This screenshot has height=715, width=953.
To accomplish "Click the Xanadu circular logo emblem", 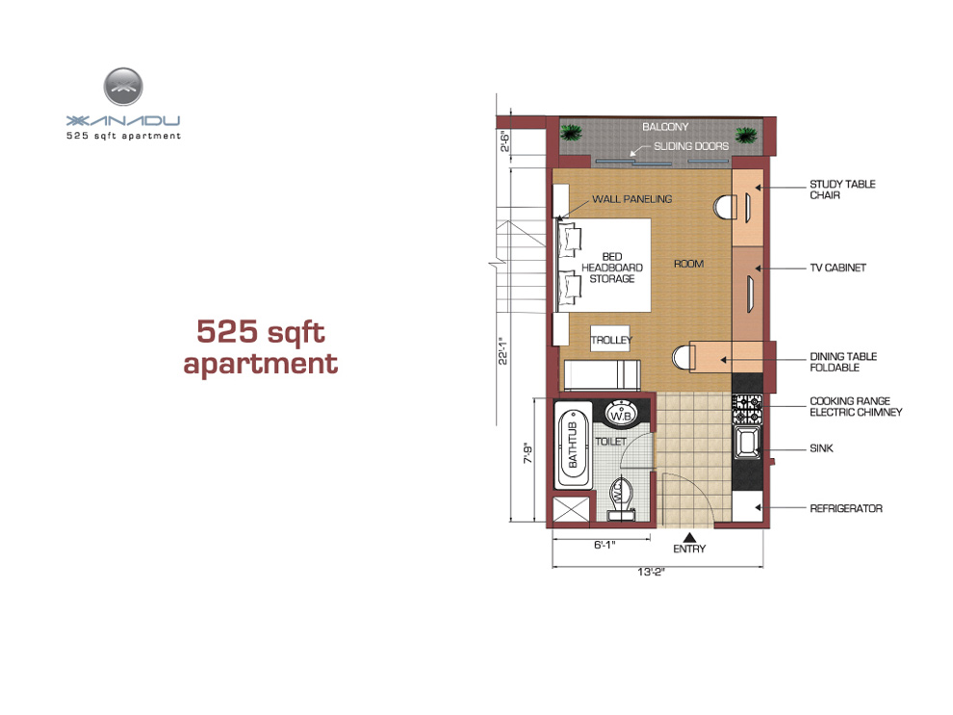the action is pos(123,87).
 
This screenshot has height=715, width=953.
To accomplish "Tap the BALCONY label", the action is pos(665,126).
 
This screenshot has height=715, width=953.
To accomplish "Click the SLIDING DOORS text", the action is pos(691,146).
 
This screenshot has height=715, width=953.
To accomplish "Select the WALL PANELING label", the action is pos(632,198).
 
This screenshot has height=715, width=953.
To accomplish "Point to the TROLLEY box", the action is pos(611,339).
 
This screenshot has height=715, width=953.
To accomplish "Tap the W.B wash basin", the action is pos(621,414).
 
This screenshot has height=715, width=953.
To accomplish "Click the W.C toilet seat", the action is pos(621,498).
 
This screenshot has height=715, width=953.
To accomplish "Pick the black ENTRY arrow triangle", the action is pos(689,537).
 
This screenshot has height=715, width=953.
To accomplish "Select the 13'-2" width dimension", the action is pos(651,571).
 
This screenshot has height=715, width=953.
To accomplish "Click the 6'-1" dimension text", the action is pos(605,545).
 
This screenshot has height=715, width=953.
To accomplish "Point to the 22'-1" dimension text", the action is pos(503,350).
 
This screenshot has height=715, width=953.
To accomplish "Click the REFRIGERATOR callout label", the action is pos(846,508).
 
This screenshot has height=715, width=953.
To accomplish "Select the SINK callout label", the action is pos(821,447).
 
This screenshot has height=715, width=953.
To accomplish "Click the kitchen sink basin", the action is pos(747,442).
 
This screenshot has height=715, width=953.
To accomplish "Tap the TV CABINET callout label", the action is pos(837,268).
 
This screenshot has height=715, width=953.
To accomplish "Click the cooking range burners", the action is pos(748,408).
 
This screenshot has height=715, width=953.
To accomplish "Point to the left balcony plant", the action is pos(571,133).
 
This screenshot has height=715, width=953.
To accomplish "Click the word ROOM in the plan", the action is pos(688,264).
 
